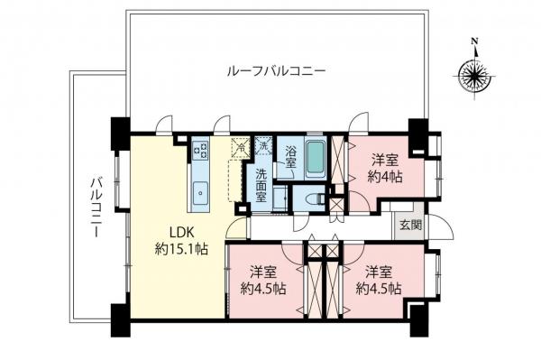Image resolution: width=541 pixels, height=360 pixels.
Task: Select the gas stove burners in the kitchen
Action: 200,152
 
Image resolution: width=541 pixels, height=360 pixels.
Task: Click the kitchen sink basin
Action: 200,191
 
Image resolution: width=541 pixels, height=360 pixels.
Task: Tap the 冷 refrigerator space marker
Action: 240,144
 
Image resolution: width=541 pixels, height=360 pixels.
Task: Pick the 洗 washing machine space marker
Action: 262,144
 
